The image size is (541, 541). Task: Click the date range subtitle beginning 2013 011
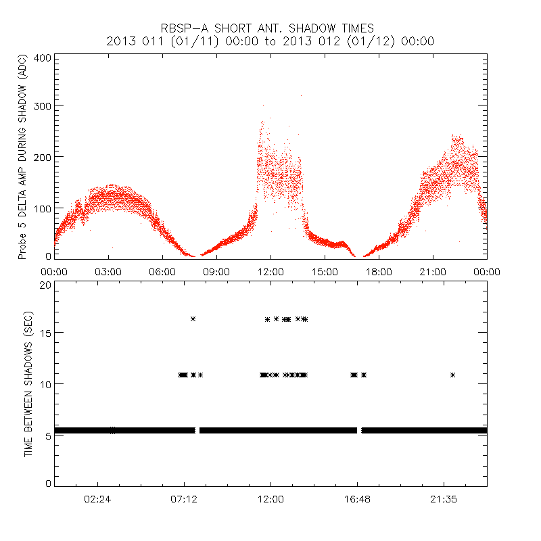(x=270, y=41)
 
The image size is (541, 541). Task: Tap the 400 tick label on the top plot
(x=42, y=57)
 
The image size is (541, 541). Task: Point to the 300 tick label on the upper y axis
(x=42, y=105)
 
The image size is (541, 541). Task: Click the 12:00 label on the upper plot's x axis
(x=270, y=271)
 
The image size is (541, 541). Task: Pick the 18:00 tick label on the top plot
(x=379, y=271)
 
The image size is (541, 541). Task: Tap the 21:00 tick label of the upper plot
(x=433, y=271)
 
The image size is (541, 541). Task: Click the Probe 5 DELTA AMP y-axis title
(x=22, y=158)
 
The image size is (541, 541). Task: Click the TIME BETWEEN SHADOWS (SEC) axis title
(x=28, y=383)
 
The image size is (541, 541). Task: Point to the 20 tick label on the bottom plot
(x=45, y=285)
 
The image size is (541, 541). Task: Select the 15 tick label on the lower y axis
(x=45, y=333)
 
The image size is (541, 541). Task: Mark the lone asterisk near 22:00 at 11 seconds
(x=452, y=375)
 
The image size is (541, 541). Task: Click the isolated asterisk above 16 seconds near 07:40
(x=193, y=319)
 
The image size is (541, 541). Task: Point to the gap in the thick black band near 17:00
(x=359, y=430)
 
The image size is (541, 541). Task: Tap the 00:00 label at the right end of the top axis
(x=486, y=271)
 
